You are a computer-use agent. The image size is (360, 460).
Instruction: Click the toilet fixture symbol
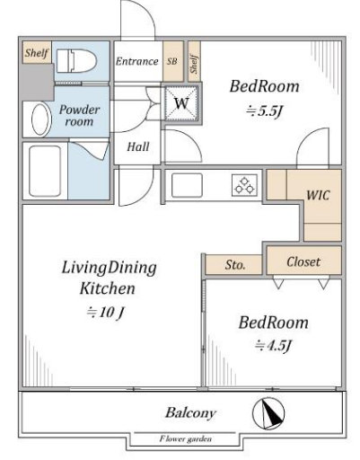76,61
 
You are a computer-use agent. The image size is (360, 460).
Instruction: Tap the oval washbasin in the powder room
40,119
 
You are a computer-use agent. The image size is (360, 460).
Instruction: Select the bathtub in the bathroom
45,171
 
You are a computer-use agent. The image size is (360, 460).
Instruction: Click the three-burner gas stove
244,185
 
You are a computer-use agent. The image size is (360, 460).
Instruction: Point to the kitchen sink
187,185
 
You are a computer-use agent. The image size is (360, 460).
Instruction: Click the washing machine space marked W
181,103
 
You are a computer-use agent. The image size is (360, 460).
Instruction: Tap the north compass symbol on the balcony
268,412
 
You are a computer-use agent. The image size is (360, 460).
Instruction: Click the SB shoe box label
172,61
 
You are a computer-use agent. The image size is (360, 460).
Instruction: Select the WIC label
318,195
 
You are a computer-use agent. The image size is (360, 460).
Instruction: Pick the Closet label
303,261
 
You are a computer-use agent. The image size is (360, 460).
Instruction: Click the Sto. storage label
235,265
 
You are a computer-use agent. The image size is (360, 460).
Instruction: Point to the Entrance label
137,61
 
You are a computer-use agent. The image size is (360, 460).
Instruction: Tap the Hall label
138,146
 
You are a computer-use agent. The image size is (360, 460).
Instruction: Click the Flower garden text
186,439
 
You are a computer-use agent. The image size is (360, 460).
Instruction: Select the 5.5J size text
264,111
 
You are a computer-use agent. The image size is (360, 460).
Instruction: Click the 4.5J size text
273,346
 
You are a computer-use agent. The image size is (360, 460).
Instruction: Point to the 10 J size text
105,313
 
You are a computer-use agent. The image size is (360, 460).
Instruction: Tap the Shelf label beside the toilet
37,53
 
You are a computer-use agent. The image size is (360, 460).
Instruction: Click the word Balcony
190,413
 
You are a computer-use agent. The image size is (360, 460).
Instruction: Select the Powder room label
79,116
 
